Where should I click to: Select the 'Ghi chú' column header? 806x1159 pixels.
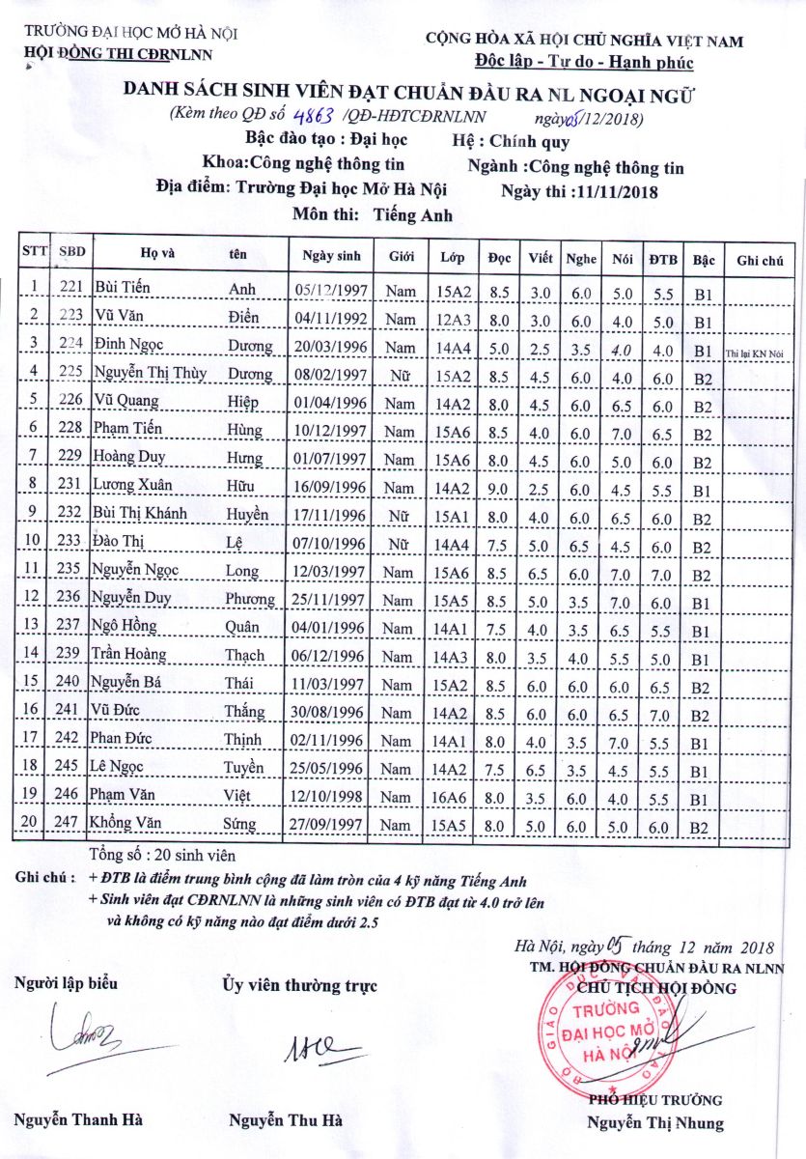pos(759,259)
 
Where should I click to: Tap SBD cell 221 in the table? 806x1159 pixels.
pos(70,287)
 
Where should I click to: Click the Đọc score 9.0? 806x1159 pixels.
pos(498,490)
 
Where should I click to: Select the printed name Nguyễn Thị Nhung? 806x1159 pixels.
pos(654,1122)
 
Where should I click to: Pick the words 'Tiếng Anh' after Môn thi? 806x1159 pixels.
pos(413,215)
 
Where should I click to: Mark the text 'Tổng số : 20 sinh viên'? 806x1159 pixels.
pos(161,855)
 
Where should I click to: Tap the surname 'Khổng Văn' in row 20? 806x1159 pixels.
pos(127,824)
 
